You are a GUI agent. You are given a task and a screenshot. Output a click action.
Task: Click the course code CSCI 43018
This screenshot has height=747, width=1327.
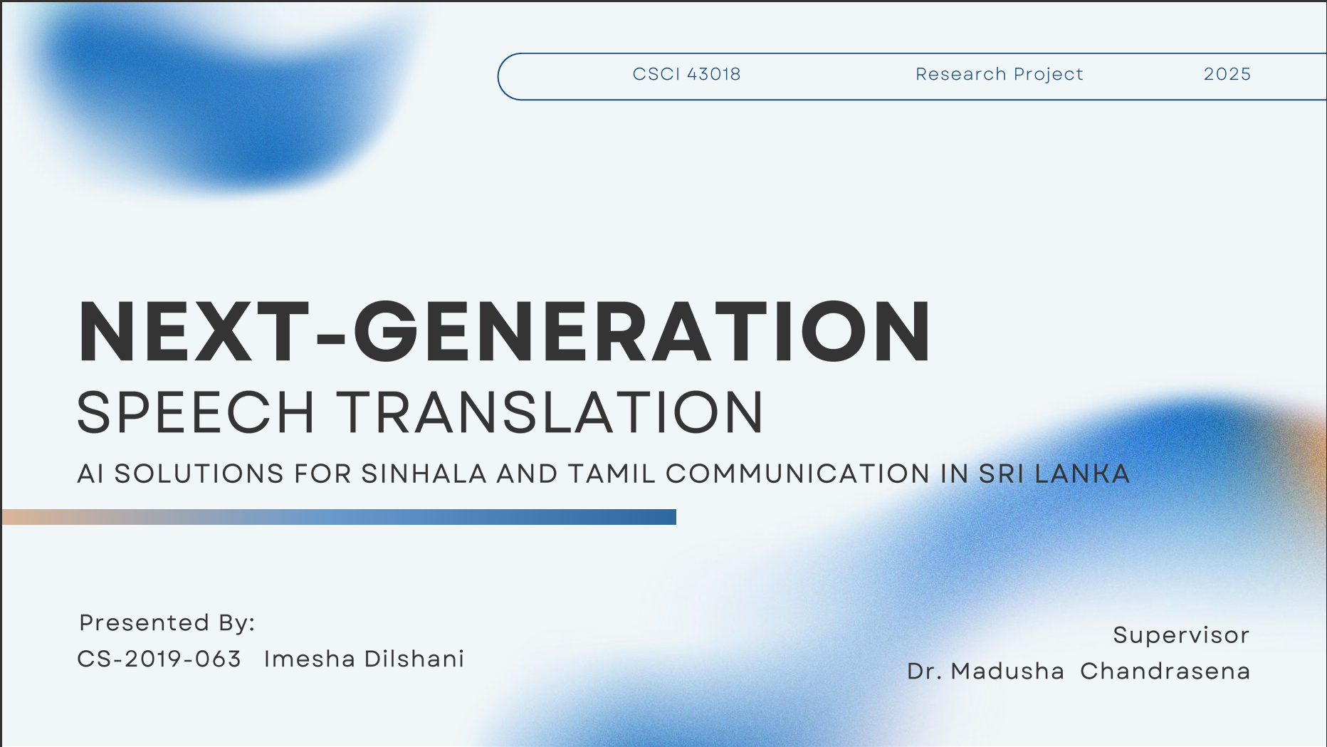[686, 74]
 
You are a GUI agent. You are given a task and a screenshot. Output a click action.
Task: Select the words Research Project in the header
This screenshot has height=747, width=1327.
[999, 74]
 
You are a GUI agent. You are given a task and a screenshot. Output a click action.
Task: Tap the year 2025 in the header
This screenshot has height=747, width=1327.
[1227, 74]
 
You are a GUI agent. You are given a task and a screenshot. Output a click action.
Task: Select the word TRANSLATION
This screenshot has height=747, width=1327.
[550, 413]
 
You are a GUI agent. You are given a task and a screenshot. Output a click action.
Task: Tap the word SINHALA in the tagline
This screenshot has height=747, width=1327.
[424, 474]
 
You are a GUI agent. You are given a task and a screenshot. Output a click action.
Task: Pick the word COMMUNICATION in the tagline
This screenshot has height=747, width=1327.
[797, 474]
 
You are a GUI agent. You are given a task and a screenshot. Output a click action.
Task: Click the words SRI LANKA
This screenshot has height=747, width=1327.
[1054, 474]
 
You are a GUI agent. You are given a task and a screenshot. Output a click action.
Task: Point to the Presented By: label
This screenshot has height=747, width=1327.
[167, 623]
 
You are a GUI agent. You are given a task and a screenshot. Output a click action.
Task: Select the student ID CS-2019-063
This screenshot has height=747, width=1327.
[159, 659]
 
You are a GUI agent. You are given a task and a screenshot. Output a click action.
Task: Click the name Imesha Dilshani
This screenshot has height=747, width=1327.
[364, 659]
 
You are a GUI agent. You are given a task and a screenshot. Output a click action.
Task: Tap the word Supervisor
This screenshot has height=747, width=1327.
[1180, 635]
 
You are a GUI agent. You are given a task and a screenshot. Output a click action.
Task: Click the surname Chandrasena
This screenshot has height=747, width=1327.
[1165, 672]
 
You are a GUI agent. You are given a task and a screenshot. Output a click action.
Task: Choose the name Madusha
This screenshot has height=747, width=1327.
[1007, 672]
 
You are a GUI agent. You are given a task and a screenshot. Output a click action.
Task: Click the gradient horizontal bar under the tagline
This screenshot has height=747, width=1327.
[339, 517]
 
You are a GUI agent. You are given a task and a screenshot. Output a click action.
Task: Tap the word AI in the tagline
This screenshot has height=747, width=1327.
[90, 474]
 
